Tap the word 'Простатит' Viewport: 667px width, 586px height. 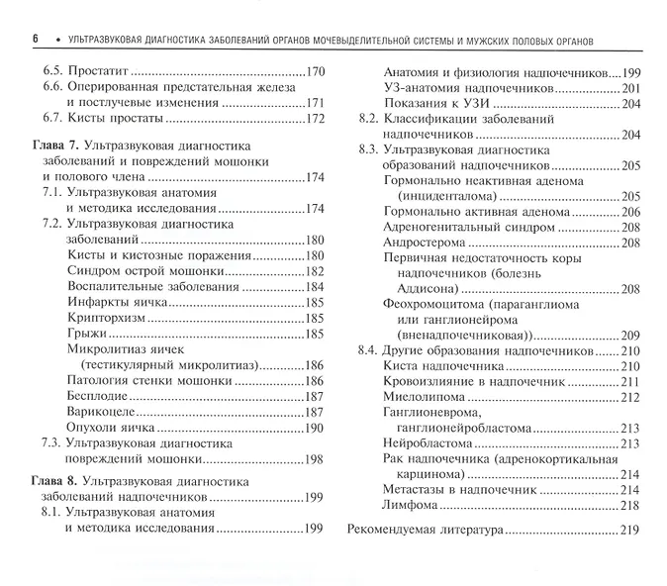(98, 72)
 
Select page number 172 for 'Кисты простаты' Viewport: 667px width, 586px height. (313, 119)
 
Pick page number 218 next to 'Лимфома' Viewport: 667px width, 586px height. (628, 506)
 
